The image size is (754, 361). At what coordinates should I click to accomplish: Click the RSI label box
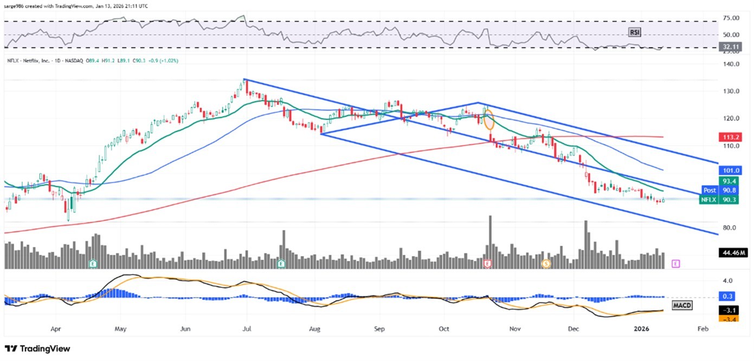coord(634,32)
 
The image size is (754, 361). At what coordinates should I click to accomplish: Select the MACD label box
coord(681,306)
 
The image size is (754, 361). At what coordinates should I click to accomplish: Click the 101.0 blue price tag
coord(727,170)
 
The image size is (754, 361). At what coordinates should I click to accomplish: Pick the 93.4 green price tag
coord(727,181)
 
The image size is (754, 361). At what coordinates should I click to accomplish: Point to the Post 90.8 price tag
coord(718,190)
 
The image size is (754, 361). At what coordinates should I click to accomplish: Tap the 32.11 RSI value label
coord(727,47)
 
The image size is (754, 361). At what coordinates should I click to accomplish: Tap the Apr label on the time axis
coord(55,329)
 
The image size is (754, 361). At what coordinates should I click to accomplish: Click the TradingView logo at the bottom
coord(37,349)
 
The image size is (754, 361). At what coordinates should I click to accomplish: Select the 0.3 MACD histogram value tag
coord(727,297)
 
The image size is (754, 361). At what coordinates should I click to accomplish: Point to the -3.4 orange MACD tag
coord(727,319)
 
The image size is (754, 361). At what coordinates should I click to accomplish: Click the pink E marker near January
coord(675,264)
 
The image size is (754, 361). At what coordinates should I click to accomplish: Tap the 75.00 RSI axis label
coord(728,18)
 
